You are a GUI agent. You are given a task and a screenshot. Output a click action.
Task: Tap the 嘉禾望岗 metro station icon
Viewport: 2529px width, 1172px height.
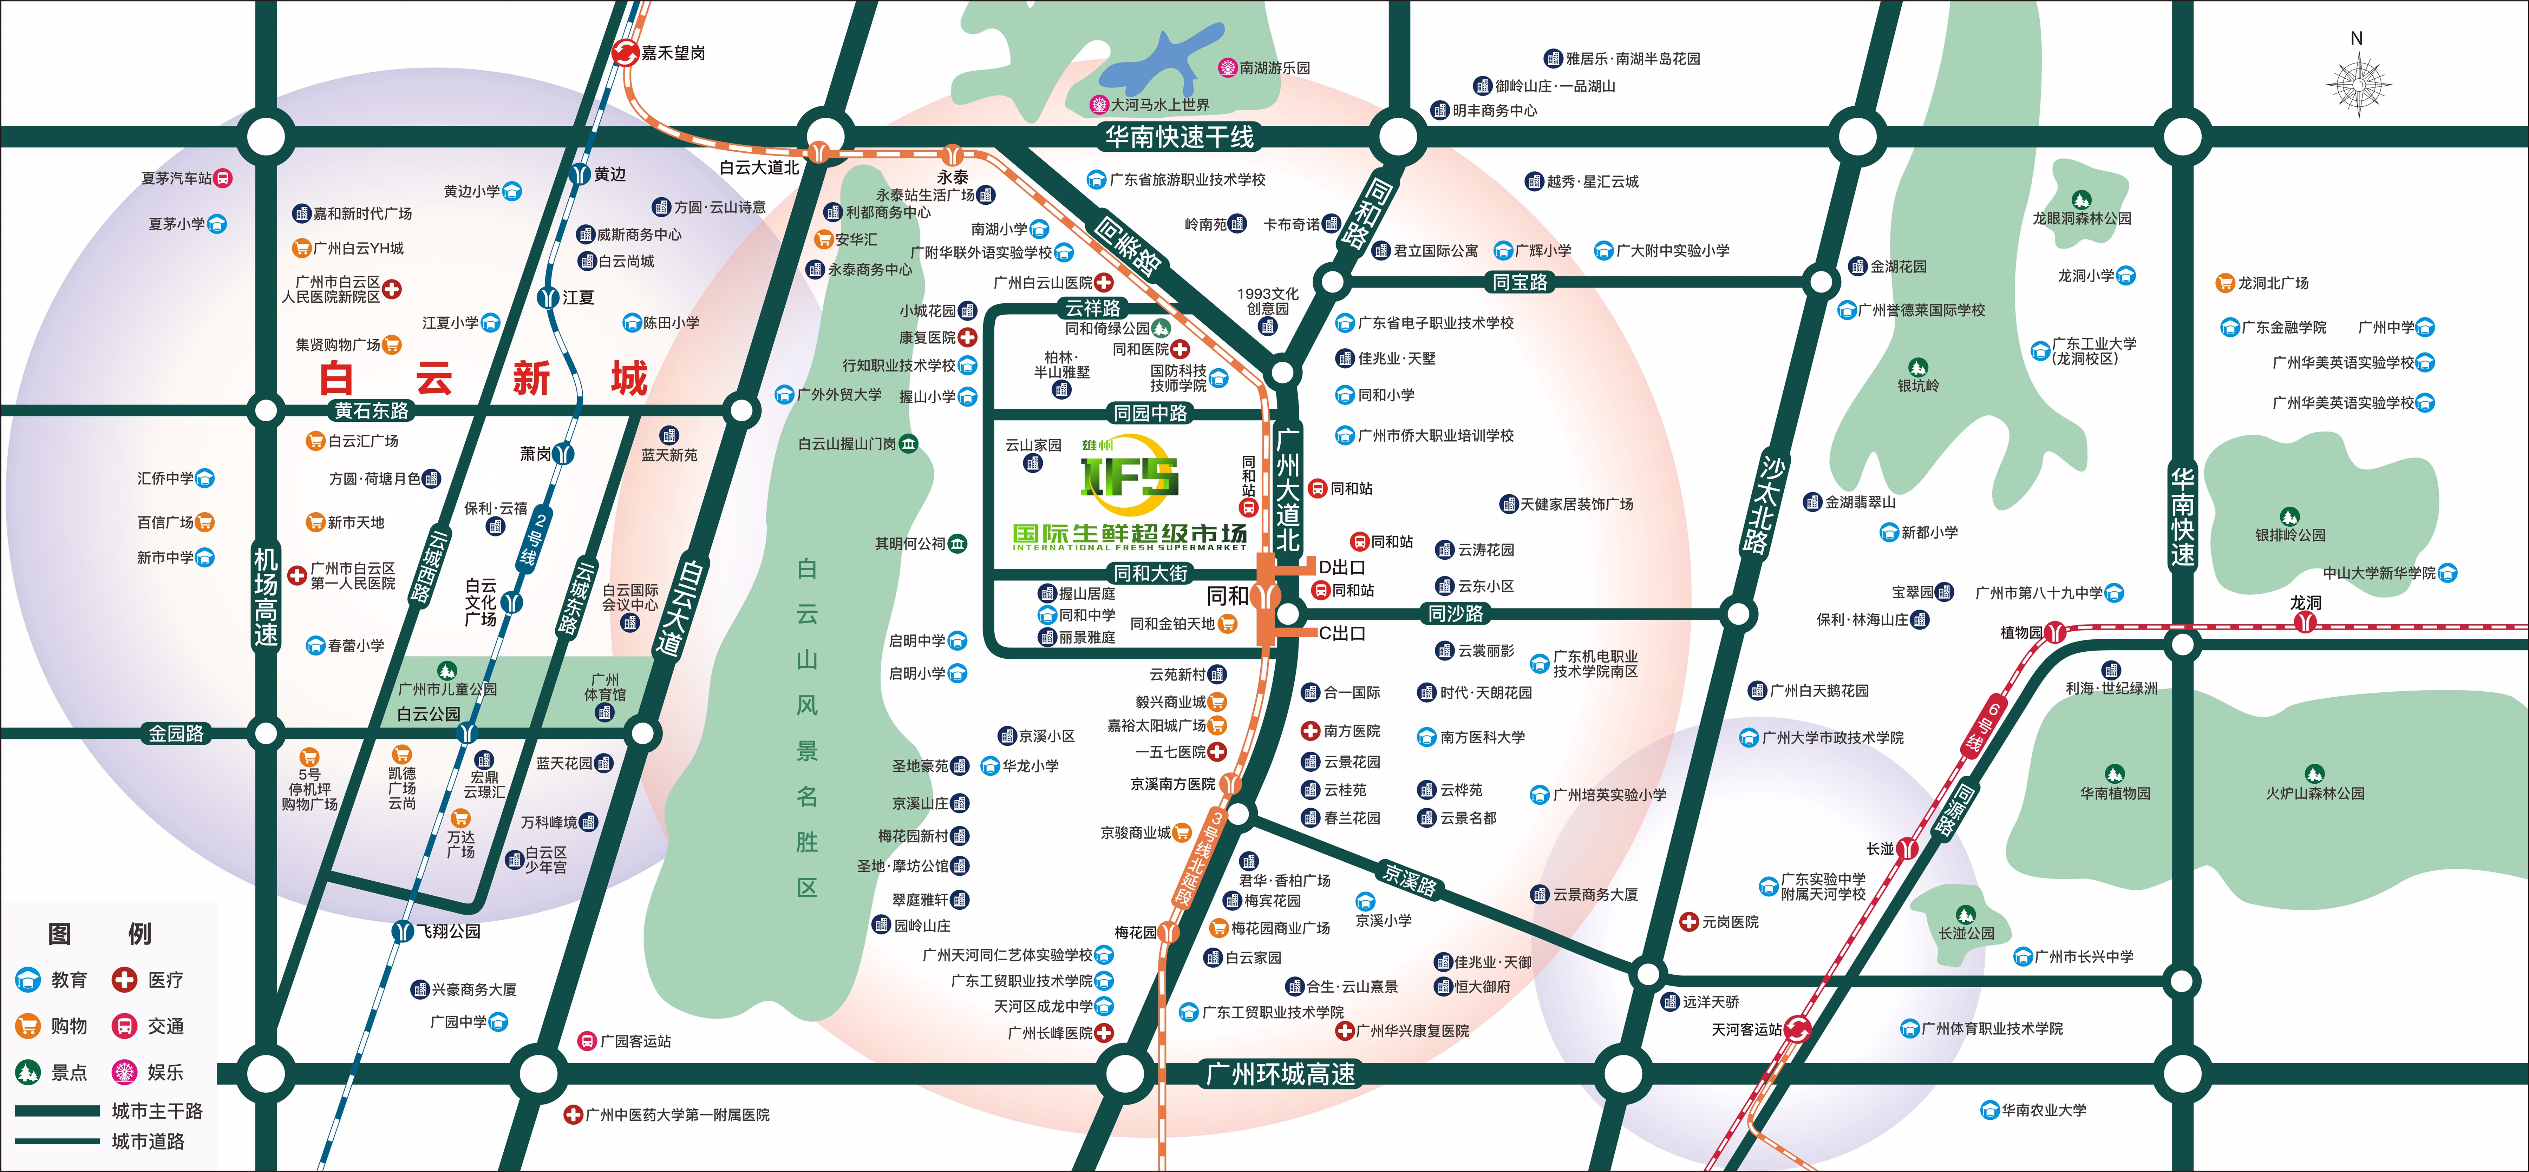pos(625,53)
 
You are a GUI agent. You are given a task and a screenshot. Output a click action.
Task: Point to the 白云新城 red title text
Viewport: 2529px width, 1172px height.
pos(483,378)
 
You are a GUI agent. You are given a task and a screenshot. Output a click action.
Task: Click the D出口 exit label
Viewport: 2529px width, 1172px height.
pos(1341,567)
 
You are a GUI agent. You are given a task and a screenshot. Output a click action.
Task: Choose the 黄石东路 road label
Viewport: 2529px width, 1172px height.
pos(371,410)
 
